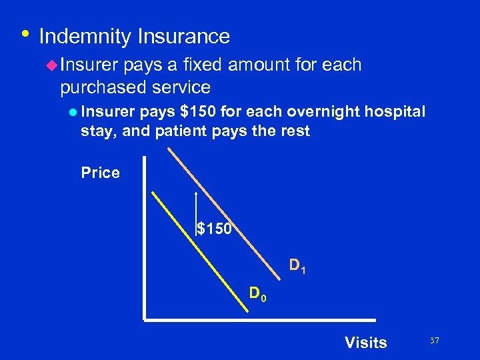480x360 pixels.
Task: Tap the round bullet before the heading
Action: (25, 33)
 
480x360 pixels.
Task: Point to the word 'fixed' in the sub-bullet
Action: (249, 65)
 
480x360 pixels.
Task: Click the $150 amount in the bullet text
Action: (194, 111)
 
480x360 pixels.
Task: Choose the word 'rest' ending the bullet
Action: (296, 131)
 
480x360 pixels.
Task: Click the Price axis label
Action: (100, 173)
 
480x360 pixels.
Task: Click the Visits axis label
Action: (365, 343)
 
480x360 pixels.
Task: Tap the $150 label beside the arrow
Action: (215, 229)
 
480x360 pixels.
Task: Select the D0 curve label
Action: (257, 293)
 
